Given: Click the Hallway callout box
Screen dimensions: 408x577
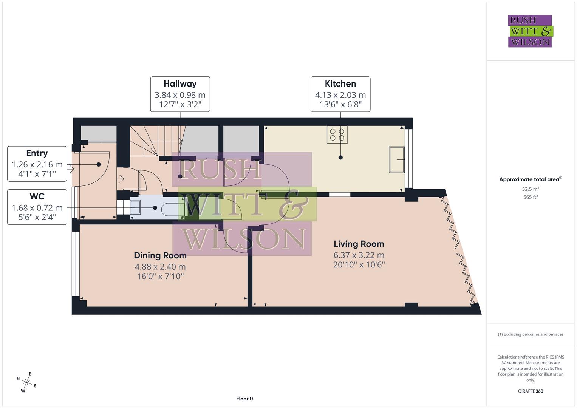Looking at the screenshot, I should click(x=180, y=94).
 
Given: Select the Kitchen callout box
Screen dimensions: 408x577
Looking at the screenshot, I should click(x=340, y=94).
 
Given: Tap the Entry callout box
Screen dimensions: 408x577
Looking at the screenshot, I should click(x=37, y=164).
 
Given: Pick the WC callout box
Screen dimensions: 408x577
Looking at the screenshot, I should click(x=37, y=207).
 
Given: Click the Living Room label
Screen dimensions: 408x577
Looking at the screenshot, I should click(x=359, y=244).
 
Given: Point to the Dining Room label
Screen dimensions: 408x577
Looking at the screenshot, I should click(x=160, y=256).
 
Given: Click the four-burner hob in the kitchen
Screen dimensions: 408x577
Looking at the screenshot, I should click(x=337, y=135).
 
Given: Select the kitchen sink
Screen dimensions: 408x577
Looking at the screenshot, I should click(x=396, y=159).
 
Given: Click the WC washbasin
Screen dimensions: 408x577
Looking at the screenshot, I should click(x=135, y=207).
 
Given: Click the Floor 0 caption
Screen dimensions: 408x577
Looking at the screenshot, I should click(x=244, y=399).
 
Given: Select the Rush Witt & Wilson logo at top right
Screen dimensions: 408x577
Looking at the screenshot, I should click(x=530, y=31).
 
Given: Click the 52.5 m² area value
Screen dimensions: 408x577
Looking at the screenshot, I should click(x=531, y=189).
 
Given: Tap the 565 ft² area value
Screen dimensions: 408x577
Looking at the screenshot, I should click(x=531, y=197).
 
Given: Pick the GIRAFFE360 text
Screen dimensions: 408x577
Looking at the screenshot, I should click(x=531, y=391).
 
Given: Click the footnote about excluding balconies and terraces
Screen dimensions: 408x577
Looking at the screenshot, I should click(x=531, y=334).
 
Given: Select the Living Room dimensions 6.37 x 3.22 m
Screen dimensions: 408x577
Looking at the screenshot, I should click(x=359, y=255).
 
